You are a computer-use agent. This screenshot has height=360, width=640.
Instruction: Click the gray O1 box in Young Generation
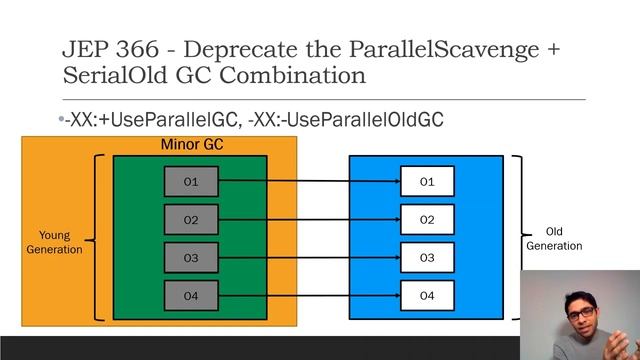(191, 182)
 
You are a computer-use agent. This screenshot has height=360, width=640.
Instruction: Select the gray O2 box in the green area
(191, 220)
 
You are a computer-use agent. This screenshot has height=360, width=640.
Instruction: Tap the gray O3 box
(191, 258)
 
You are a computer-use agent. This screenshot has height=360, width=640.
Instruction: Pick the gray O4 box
(191, 296)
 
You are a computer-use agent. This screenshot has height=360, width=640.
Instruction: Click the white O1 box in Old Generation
(427, 182)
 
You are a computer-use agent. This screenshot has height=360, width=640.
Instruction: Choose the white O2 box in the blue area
(427, 220)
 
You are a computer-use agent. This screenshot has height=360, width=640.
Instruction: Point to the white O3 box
(427, 258)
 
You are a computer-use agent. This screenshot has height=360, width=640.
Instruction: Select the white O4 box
(427, 296)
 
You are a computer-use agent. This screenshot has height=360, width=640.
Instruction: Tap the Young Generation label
(55, 243)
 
